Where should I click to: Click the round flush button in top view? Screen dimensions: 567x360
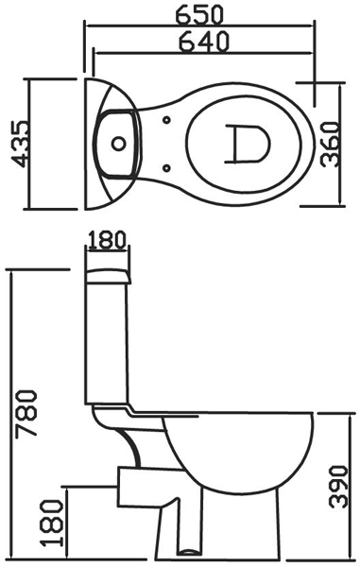coord(117,145)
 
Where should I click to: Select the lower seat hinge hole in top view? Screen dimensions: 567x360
coord(168,167)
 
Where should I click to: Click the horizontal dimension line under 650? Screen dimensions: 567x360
coord(201,26)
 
